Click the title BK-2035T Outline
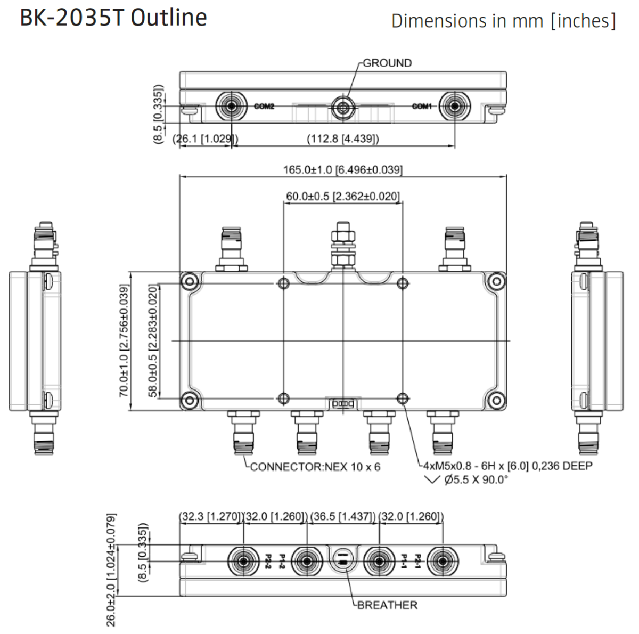point(113,18)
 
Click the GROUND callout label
point(387,63)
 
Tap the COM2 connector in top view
point(231,107)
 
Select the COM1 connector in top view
point(454,107)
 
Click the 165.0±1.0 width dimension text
point(342,170)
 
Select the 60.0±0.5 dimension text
point(342,196)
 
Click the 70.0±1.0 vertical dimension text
point(124,341)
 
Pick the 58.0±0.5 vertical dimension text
point(153,341)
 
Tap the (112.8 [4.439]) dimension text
point(343,139)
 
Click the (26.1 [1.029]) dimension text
point(205,139)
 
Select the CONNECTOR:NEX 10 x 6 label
point(315,467)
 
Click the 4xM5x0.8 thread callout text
point(507,466)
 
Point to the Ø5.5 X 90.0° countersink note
point(476,480)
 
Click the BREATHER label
point(387,605)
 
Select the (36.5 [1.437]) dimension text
point(342,516)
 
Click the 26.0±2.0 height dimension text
point(111,570)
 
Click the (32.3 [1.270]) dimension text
point(210,516)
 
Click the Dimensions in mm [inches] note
point(503,21)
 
